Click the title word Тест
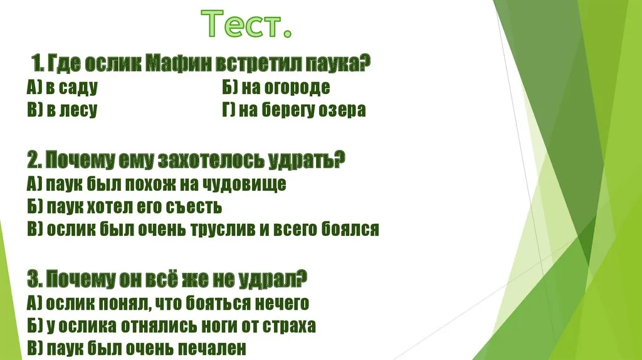(x=246, y=24)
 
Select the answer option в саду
(x=72, y=88)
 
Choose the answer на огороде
(x=286, y=87)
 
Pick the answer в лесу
(x=72, y=110)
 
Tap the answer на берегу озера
(x=302, y=110)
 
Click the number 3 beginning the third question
(x=32, y=280)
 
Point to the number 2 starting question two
(x=32, y=160)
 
